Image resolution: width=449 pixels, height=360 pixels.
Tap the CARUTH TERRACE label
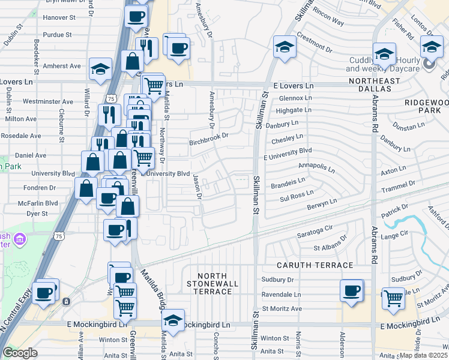coord(315,265)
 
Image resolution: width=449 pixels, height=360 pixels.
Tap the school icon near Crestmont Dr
coord(285,46)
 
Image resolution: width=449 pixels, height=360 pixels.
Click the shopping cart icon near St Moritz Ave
coord(393,297)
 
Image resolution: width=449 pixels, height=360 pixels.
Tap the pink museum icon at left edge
coord(20,240)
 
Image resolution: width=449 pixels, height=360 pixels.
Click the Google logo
coord(20,353)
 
